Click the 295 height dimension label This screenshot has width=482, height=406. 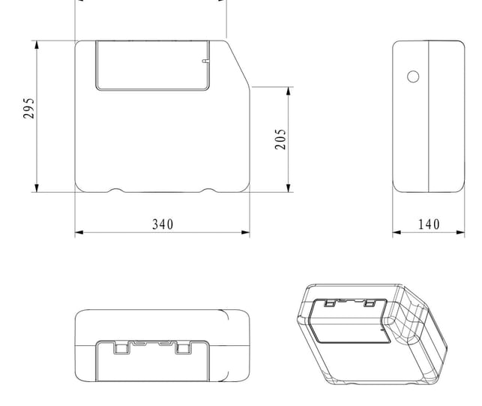point(29,108)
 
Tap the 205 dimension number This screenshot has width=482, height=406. point(280,139)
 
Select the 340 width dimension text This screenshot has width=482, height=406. point(163,224)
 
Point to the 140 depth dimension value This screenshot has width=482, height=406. point(429,224)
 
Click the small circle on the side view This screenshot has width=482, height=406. point(413,77)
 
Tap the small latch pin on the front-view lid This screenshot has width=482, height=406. point(205,62)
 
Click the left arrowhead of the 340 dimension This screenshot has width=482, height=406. point(79,233)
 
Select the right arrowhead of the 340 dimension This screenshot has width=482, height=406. point(246,233)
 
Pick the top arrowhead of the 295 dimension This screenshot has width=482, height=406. point(37,45)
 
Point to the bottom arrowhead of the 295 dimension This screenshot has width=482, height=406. point(37,188)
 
